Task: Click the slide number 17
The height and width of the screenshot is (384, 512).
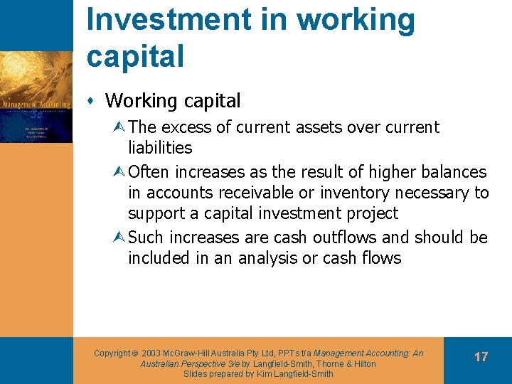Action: (481, 357)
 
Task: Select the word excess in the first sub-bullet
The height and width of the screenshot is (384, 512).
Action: (186, 127)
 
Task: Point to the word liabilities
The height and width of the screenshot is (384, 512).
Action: (160, 148)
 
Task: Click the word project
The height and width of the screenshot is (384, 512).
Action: (371, 213)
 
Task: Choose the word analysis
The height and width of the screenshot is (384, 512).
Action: (264, 257)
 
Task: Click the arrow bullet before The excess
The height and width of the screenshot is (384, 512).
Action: (119, 128)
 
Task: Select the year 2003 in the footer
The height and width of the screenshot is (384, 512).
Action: (154, 353)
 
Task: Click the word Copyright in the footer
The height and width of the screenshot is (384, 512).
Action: (112, 353)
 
